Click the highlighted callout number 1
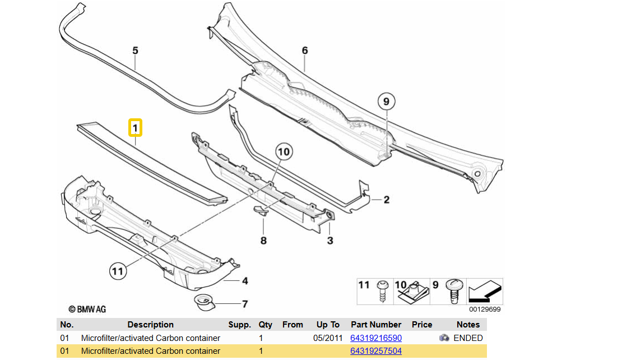(135, 128)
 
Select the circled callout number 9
(386, 102)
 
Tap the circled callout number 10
(284, 151)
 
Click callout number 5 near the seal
(135, 51)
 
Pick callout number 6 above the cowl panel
(305, 51)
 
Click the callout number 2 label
(386, 199)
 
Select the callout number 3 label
(330, 241)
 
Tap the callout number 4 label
(245, 281)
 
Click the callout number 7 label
(245, 304)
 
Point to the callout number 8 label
(263, 241)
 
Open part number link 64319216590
(376, 338)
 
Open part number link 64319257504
(376, 351)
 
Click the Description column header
(150, 325)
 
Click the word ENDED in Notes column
(468, 338)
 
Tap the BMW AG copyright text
(87, 309)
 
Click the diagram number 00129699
(485, 309)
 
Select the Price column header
(422, 325)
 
